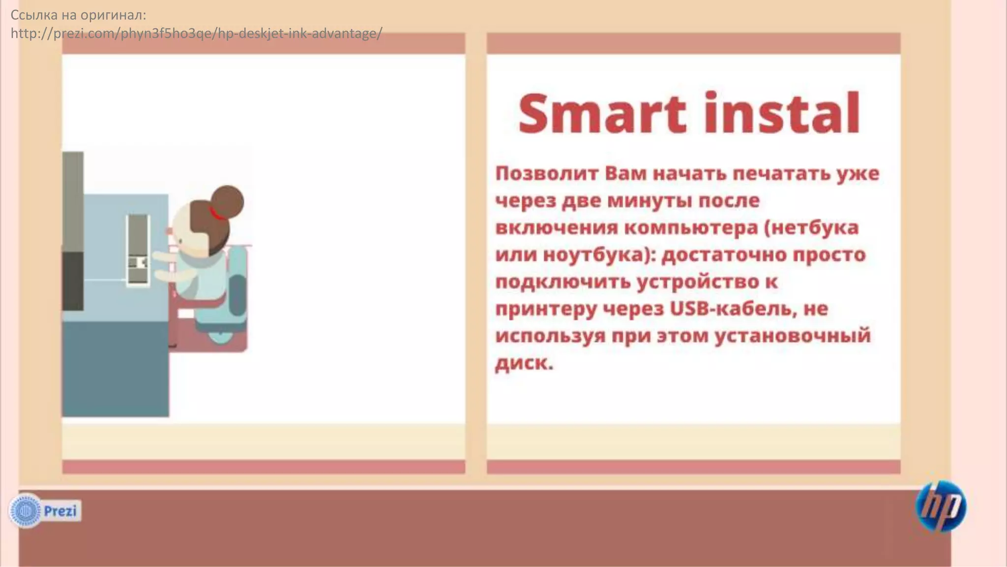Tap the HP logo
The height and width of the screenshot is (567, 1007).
941,506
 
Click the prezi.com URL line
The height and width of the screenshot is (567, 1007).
196,33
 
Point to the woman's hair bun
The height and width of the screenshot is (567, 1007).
227,201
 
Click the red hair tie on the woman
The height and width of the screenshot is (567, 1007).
215,214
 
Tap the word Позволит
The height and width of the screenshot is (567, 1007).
546,173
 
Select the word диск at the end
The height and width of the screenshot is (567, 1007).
523,363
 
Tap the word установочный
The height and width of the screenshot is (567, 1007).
792,336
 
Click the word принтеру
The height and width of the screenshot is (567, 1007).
545,309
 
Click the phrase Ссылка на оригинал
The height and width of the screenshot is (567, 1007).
78,15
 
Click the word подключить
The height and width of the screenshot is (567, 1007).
563,282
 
